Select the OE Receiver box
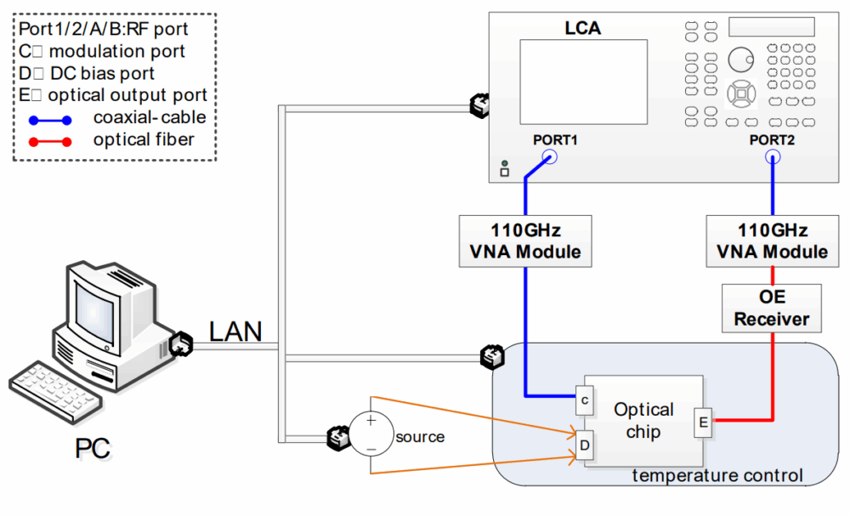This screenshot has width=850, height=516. [773, 308]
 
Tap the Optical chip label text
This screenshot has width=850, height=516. [643, 420]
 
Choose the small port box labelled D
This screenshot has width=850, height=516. [586, 444]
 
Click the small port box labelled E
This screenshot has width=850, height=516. [703, 421]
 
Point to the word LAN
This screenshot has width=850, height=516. [235, 331]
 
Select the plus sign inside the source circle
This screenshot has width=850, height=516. [371, 419]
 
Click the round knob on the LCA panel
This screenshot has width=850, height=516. [740, 59]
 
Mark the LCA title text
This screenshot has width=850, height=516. [583, 28]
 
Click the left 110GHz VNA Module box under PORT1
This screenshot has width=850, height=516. [524, 240]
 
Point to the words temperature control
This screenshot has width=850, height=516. [717, 475]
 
